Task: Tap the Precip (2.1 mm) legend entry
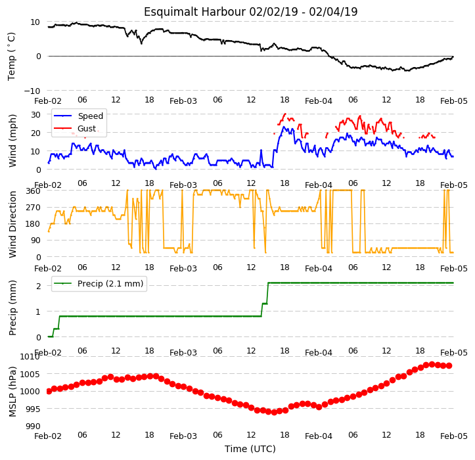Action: [98, 284]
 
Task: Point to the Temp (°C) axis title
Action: [12, 57]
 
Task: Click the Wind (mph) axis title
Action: [12, 141]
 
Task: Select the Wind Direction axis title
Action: [12, 225]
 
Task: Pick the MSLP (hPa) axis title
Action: [12, 392]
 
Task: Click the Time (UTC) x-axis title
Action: [250, 449]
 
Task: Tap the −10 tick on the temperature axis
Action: [32, 91]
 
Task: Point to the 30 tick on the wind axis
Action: [35, 114]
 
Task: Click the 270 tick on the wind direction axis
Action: [33, 208]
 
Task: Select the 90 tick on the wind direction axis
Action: [35, 241]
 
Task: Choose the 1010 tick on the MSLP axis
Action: [30, 356]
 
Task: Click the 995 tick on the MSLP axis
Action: [33, 409]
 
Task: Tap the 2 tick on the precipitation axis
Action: [38, 286]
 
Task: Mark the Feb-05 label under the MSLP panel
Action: [454, 436]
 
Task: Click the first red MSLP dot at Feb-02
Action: [49, 392]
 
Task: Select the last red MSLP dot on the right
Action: [449, 366]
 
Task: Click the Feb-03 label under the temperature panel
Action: [183, 101]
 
